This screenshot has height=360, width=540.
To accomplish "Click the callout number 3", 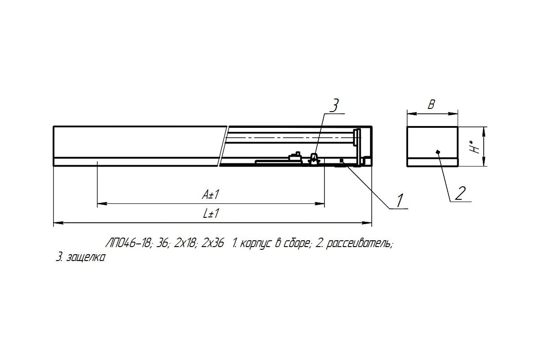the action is (x=334, y=106).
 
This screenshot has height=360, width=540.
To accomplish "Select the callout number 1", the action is (x=400, y=200).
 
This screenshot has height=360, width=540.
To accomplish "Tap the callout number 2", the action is (x=460, y=193).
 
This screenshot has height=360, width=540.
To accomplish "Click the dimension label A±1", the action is (x=211, y=194).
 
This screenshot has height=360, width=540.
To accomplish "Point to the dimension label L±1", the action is (x=211, y=214).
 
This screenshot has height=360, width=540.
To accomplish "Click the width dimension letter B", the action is (x=431, y=105).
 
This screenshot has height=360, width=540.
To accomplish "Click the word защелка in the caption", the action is (x=86, y=258).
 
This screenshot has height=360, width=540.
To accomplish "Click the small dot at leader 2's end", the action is (x=438, y=152).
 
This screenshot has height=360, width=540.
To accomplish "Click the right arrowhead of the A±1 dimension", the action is (x=319, y=204).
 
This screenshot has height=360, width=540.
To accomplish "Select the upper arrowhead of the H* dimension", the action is (x=484, y=132).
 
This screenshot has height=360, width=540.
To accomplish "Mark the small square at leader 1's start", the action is (x=341, y=160).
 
